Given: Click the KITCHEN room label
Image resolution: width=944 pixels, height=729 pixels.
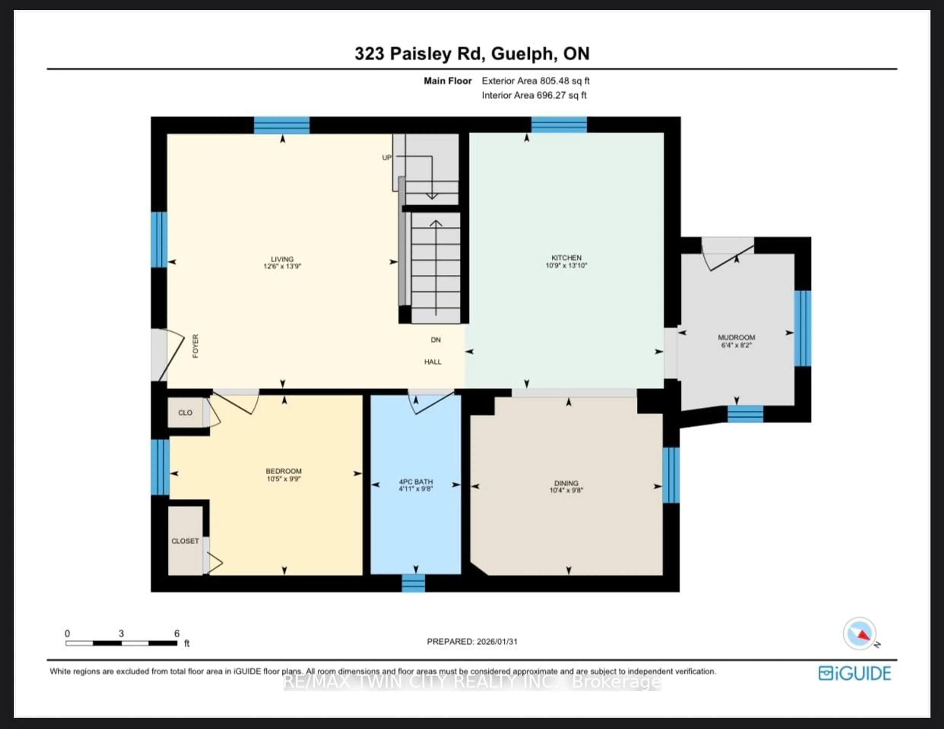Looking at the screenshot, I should [566, 257].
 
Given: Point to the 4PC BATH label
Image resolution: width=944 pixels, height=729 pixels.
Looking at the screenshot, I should [415, 481].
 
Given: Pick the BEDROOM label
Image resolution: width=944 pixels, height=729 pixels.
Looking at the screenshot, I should [283, 471].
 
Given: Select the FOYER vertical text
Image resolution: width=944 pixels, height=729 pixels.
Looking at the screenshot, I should [195, 346].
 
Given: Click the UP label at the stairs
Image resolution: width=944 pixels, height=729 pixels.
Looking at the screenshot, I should [386, 158].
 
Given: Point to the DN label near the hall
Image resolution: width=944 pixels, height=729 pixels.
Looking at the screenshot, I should [435, 340].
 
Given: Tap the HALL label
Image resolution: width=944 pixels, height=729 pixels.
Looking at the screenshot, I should [433, 362].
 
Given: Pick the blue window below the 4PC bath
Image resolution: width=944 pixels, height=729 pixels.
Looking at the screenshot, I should [413, 583].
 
